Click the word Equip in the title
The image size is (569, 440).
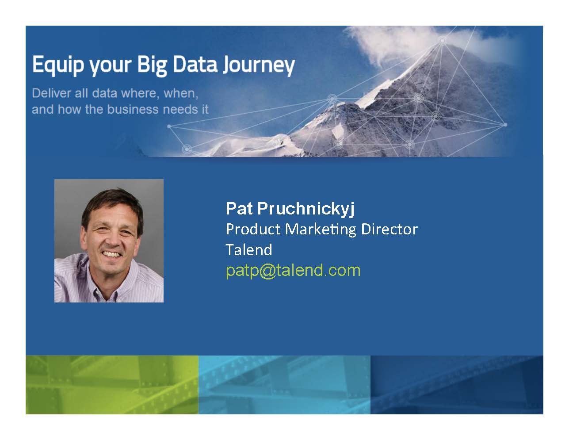pyautogui.click(x=58, y=65)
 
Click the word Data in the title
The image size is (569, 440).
pyautogui.click(x=195, y=64)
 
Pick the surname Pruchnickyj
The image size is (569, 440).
pyautogui.click(x=306, y=209)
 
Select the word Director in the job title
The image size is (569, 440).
pyautogui.click(x=390, y=230)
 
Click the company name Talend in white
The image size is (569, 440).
pyautogui.click(x=249, y=249)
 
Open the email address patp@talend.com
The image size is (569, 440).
pyautogui.click(x=293, y=271)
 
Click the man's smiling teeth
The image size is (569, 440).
pyautogui.click(x=111, y=254)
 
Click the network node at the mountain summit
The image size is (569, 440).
pyautogui.click(x=443, y=41)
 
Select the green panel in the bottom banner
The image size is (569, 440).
pyautogui.click(x=112, y=385)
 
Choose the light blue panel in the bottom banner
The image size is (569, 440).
pyautogui.click(x=285, y=385)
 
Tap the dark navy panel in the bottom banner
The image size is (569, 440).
pyautogui.click(x=457, y=385)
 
